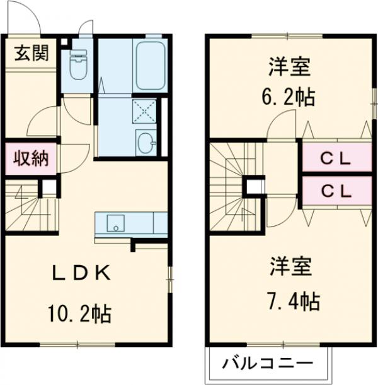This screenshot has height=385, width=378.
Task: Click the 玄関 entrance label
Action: click(x=31, y=54)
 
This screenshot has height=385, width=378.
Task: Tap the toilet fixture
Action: click(x=78, y=66)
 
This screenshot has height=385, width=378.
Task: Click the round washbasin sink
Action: click(x=146, y=141)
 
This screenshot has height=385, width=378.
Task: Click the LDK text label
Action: click(x=82, y=273)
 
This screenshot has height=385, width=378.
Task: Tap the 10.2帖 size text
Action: click(x=80, y=311)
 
